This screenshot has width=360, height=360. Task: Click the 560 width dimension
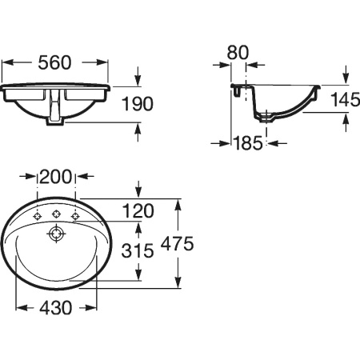tap(54, 62)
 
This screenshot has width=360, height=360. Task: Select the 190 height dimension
tap(138, 104)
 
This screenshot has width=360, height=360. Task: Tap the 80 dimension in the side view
tap(238, 52)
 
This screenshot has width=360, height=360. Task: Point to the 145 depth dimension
tap(345, 99)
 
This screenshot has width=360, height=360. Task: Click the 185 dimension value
tap(248, 143)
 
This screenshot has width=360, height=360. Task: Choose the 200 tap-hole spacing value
tap(56, 177)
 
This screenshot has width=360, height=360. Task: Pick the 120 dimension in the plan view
tap(138, 210)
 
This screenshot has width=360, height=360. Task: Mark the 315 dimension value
tap(138, 250)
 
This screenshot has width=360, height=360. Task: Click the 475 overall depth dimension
tap(178, 243)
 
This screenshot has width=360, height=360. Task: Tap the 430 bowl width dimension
tap(56, 307)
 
